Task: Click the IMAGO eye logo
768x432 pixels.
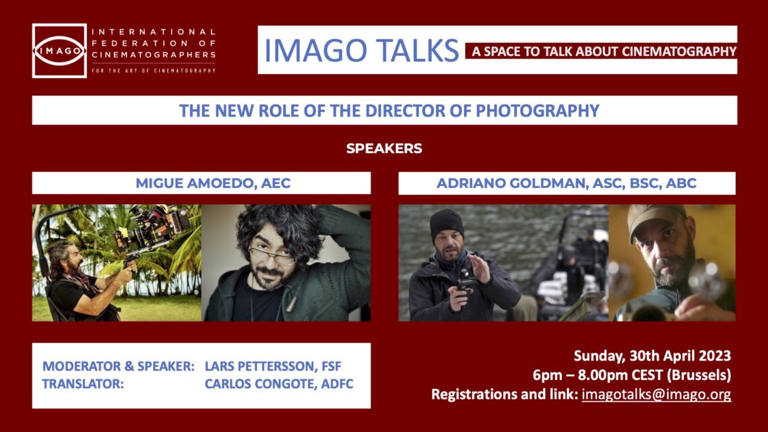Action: tap(59, 51)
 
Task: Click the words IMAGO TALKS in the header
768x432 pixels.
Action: tap(361, 51)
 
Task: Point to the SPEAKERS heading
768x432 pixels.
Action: tap(384, 149)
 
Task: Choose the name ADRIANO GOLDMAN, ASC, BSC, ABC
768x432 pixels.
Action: tap(566, 183)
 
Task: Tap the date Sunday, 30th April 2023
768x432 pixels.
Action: tap(652, 355)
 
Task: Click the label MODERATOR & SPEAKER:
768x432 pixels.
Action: tap(119, 366)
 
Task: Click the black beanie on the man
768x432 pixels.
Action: tap(446, 223)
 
